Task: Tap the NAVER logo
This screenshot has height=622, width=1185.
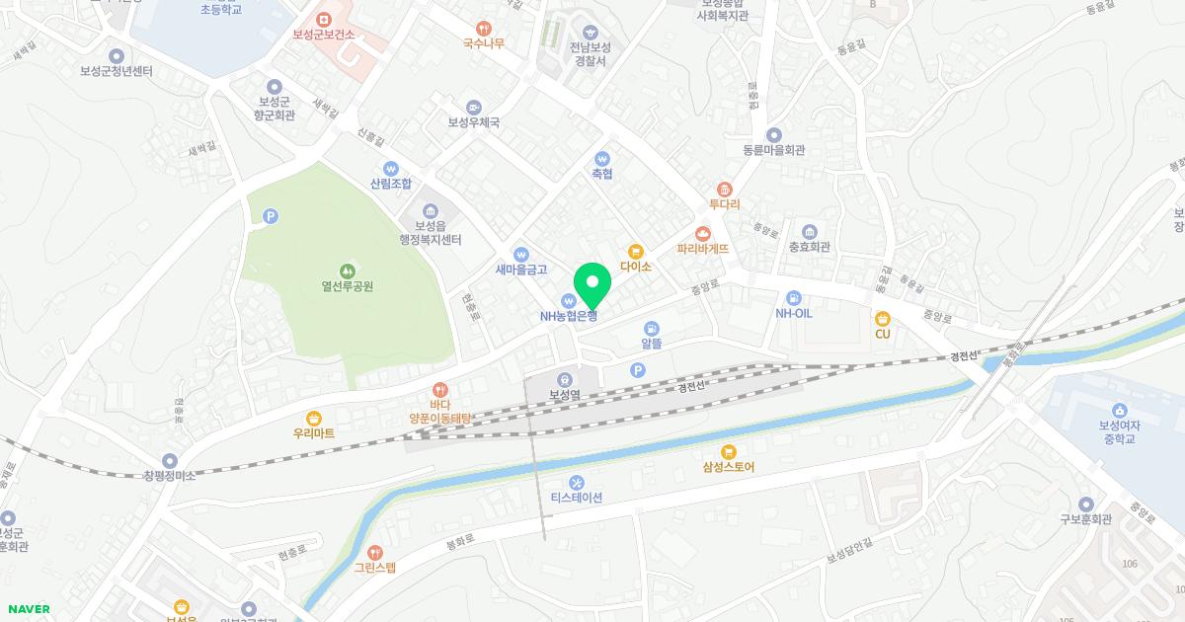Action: (x=27, y=609)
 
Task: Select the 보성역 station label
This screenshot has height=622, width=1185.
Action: (x=564, y=395)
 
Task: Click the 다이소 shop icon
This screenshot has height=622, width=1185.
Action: (x=636, y=251)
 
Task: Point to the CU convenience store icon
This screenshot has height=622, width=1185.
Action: (x=882, y=318)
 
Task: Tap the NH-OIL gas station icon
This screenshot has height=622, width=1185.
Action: (x=793, y=297)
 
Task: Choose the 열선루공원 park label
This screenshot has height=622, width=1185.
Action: (x=347, y=287)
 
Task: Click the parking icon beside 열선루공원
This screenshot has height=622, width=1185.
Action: (x=270, y=215)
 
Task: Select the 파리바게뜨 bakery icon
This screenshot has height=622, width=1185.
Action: (x=703, y=234)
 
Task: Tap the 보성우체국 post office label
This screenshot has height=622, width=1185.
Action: (x=474, y=123)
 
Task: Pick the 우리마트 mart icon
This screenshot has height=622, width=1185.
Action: (x=314, y=418)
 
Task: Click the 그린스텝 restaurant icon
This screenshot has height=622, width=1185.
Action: (x=374, y=552)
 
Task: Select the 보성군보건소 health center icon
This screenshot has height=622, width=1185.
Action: (x=323, y=19)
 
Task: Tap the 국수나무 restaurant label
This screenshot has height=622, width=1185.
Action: (x=483, y=43)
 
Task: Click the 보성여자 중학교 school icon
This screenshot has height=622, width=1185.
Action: (x=1119, y=411)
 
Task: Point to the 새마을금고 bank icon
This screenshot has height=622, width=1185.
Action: (x=521, y=254)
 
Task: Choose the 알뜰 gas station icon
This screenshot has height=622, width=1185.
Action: (x=651, y=328)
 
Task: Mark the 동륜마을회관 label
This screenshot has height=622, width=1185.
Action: (x=774, y=151)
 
